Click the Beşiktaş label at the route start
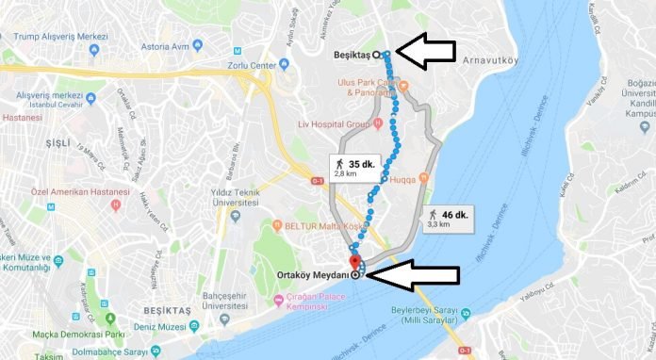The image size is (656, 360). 352,55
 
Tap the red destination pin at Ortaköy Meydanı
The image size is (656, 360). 354,262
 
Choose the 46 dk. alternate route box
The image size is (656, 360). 449,219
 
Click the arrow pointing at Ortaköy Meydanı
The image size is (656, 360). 413,275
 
